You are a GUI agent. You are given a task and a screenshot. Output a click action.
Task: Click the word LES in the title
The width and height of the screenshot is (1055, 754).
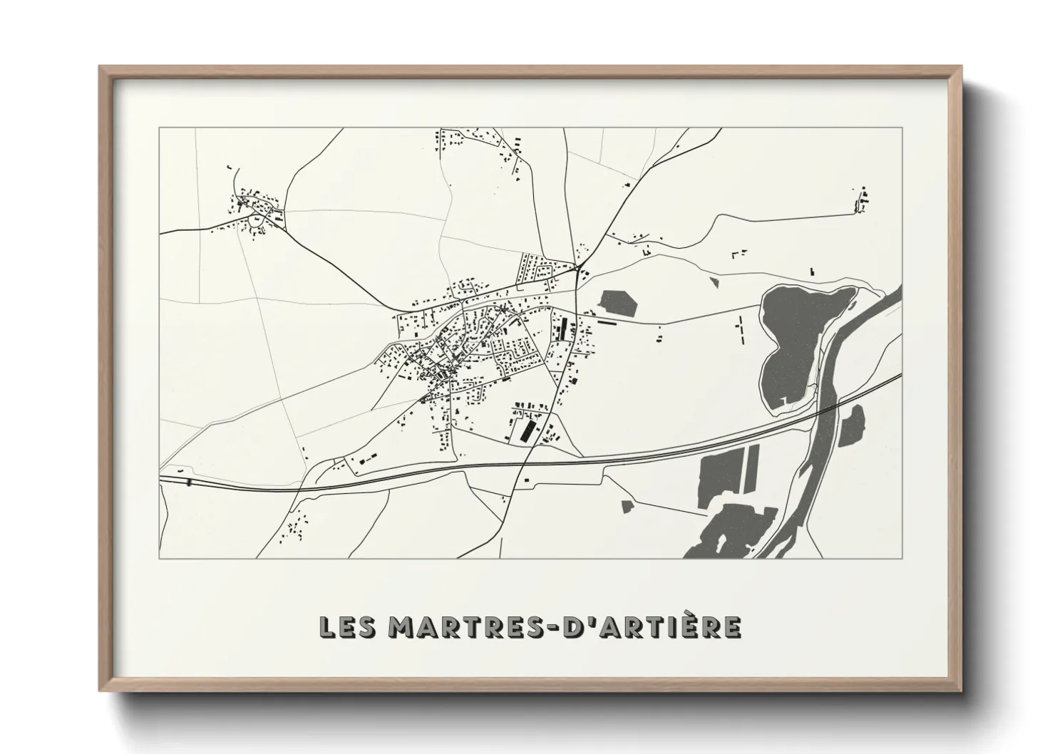pos(346,627)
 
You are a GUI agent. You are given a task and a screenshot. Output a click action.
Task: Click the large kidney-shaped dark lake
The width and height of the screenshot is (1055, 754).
pos(795,335)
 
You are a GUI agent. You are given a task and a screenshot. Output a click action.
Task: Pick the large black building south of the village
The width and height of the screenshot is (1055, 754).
pos(529,432)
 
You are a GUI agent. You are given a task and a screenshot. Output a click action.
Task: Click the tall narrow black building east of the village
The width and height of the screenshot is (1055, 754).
pos(565,329)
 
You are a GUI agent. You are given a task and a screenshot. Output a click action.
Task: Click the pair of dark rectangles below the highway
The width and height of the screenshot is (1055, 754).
pos(729,471)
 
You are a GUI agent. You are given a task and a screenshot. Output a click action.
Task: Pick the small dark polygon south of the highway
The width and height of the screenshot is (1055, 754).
pos(627,506)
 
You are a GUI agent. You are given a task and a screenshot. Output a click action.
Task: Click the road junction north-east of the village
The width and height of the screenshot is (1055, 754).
pos(580,268)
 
